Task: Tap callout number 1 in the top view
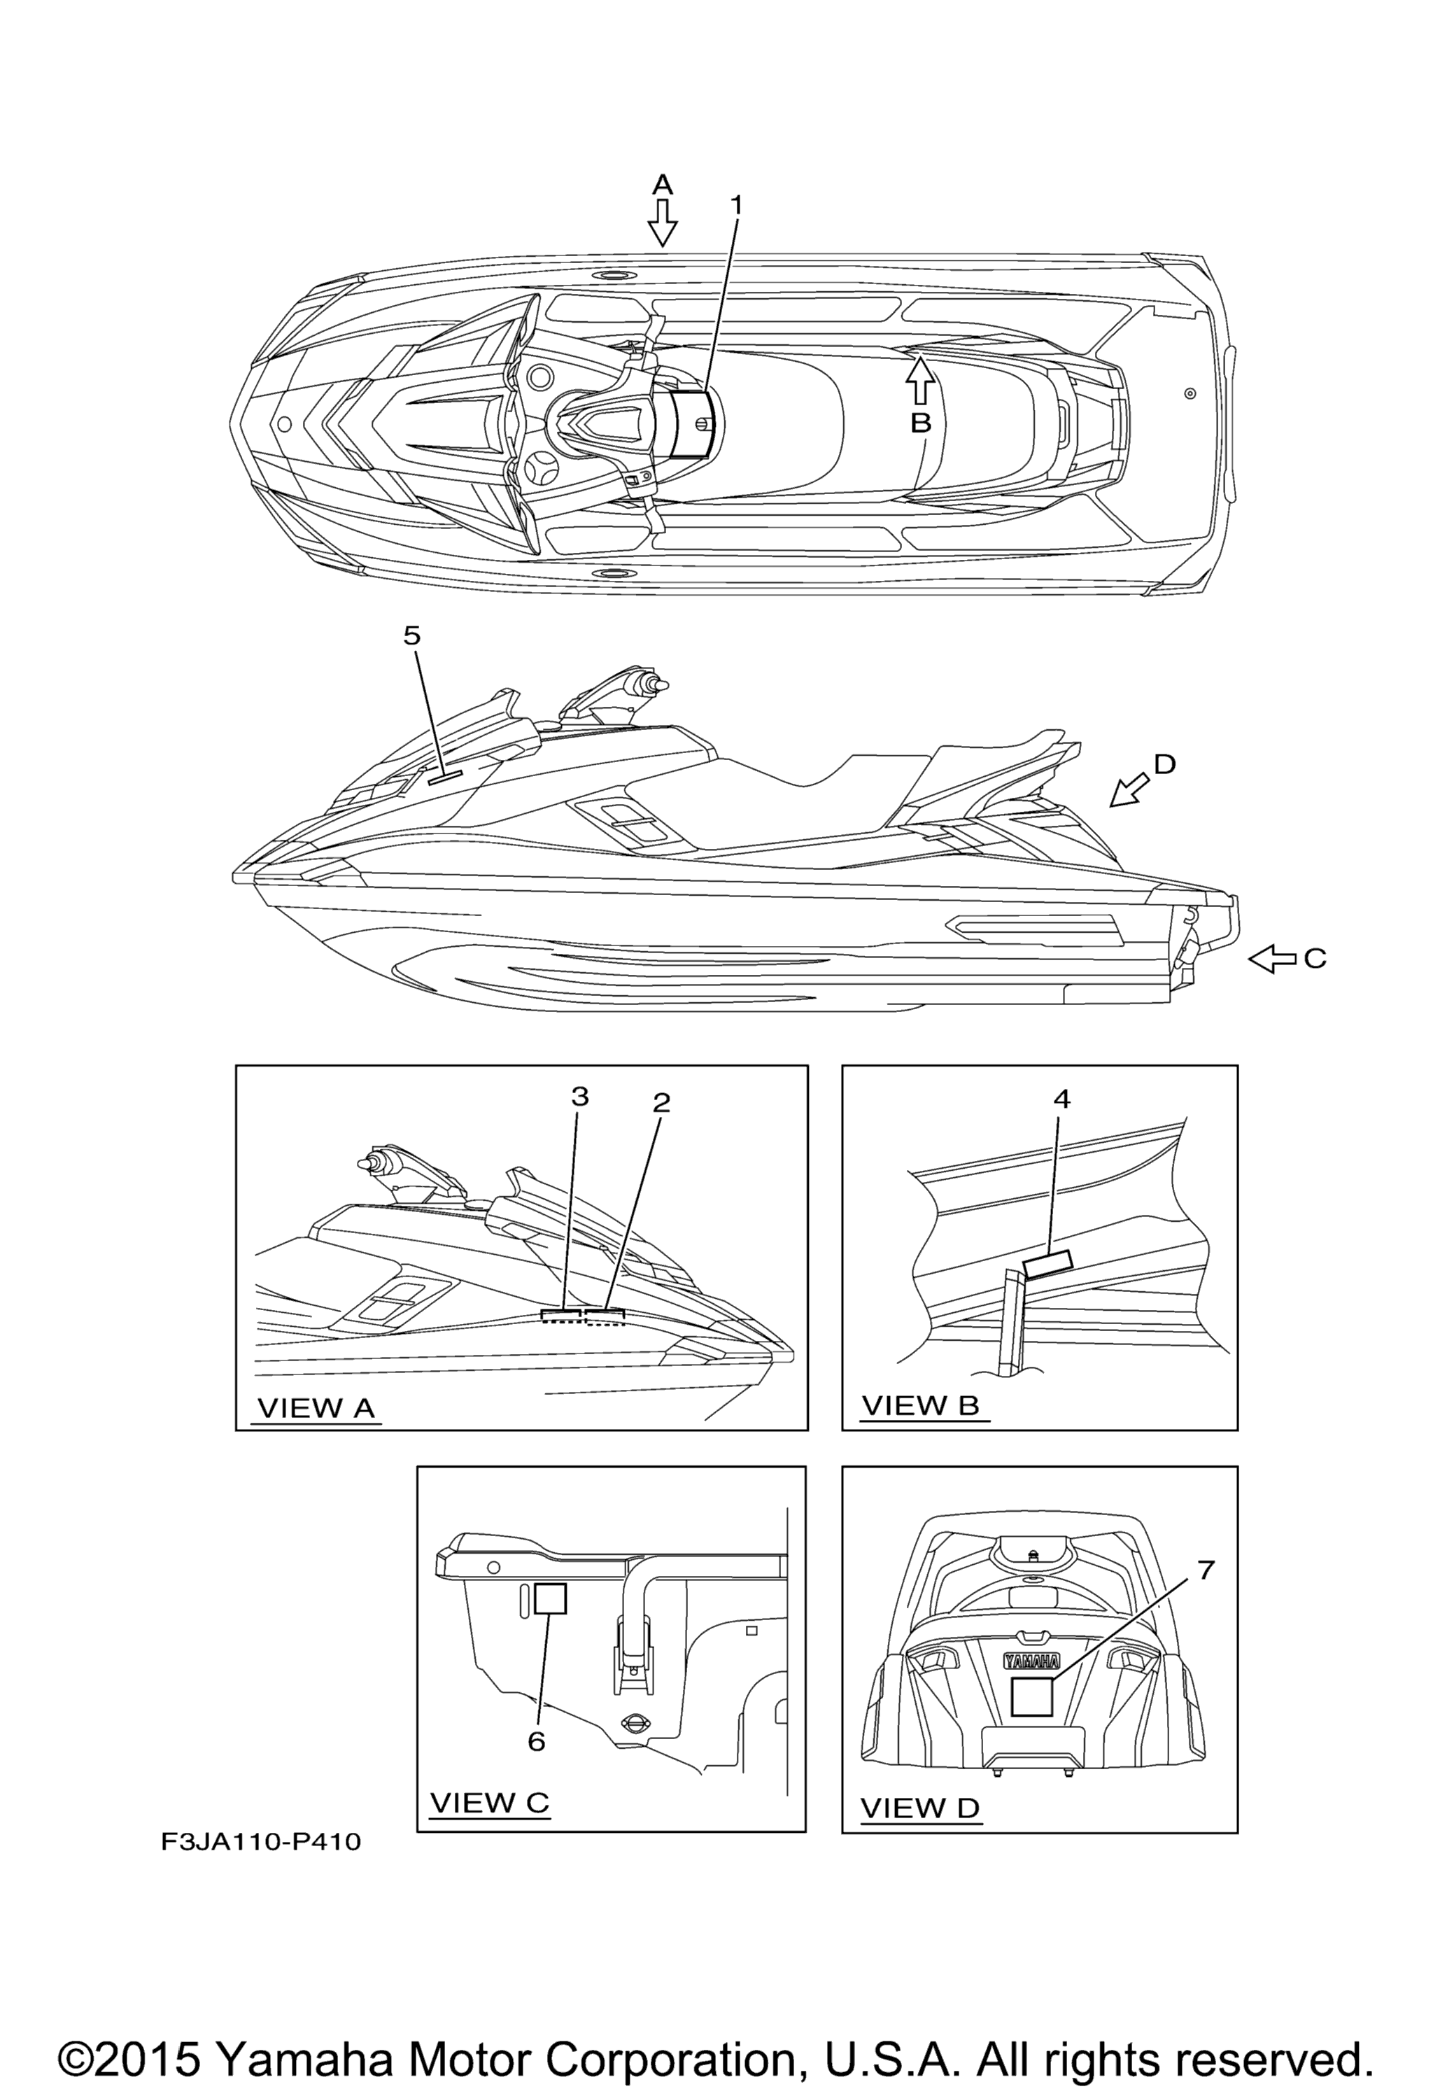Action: click(x=736, y=206)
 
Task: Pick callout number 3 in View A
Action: click(x=580, y=1097)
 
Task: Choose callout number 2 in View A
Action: click(x=662, y=1102)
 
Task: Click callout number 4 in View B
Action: click(x=1061, y=1099)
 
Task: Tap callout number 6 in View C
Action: click(x=537, y=1742)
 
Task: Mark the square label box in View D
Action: click(x=1032, y=1697)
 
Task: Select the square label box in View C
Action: click(x=550, y=1598)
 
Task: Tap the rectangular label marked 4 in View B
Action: click(x=1048, y=1264)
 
